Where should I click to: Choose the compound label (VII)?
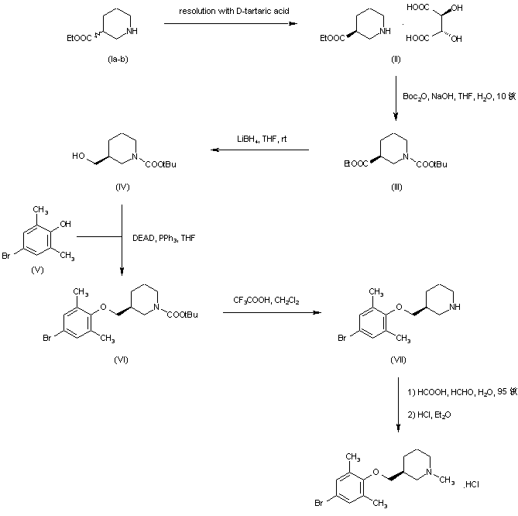(396, 359)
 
